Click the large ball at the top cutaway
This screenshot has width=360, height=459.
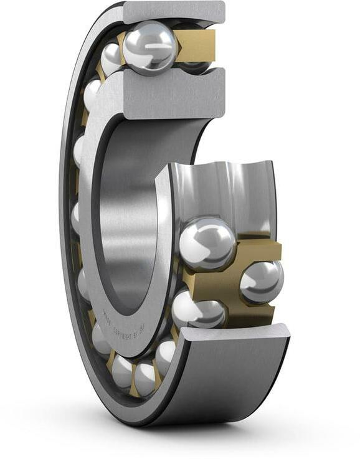click(x=149, y=47)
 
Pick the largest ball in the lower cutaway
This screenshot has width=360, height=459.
click(x=207, y=243)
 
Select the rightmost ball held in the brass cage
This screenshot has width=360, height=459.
click(x=262, y=282)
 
